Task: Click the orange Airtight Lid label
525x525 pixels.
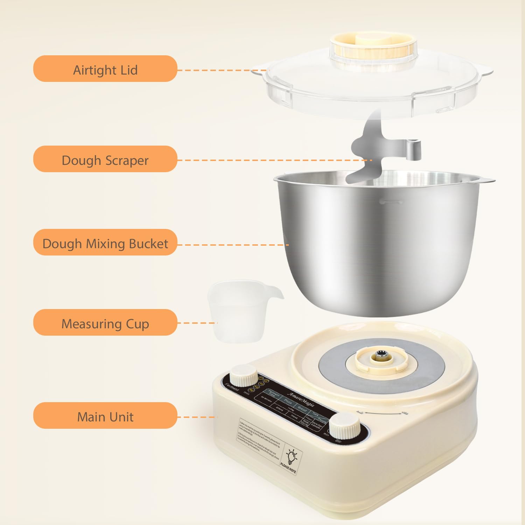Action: [105, 69]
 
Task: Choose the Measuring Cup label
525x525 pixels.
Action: [105, 323]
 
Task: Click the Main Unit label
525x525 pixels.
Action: [105, 416]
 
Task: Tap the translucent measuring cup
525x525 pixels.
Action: [238, 311]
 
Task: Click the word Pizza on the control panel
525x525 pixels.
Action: [288, 402]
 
